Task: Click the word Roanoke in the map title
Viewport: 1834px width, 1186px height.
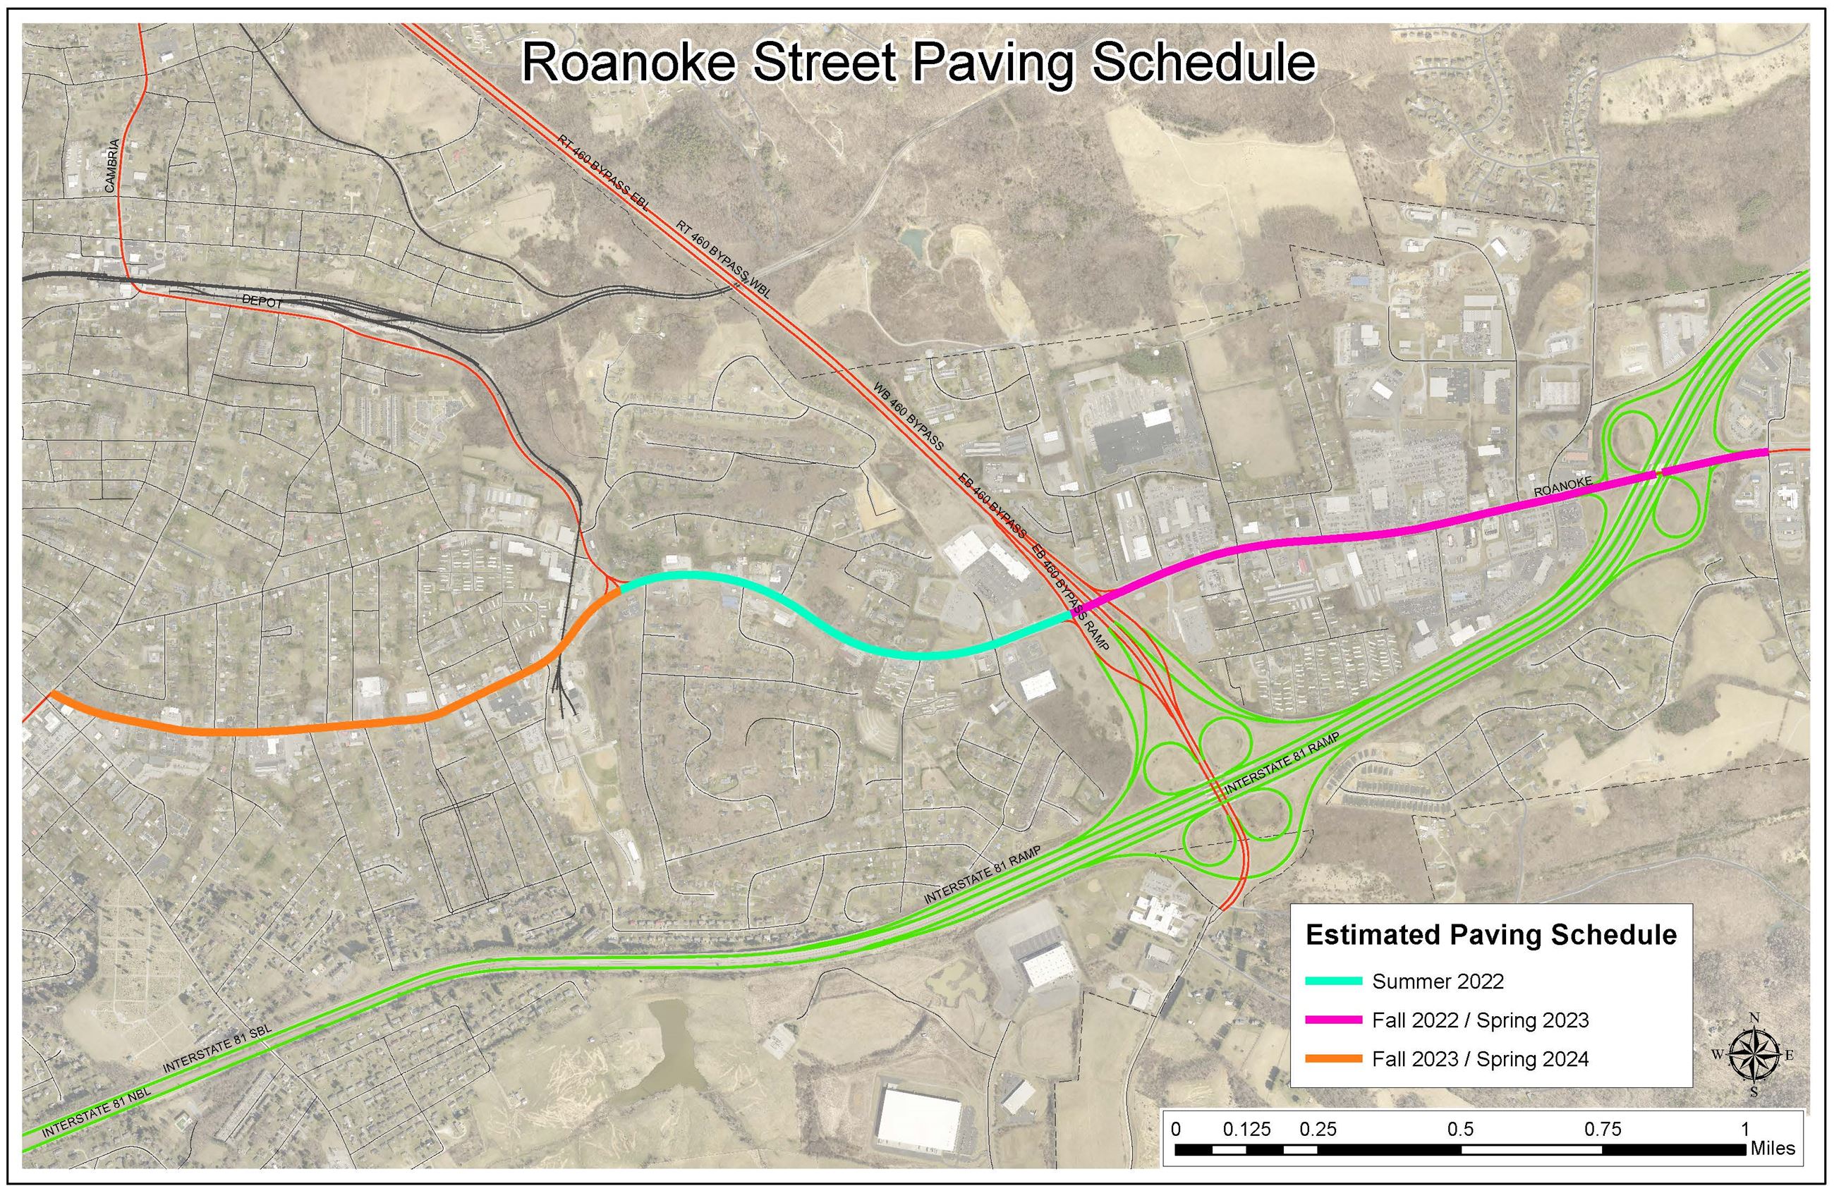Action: tap(628, 63)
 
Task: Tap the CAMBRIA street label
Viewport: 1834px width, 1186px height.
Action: tap(111, 166)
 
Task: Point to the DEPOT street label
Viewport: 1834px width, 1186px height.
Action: tap(262, 302)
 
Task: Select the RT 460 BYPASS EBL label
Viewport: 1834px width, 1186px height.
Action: tap(604, 174)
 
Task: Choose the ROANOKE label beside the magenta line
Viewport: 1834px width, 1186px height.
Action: tap(1562, 487)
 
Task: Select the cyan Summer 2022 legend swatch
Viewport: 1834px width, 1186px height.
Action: tap(1333, 981)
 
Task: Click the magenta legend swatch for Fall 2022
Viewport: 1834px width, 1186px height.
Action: tap(1333, 1020)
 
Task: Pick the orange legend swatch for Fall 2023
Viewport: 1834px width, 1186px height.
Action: tap(1333, 1059)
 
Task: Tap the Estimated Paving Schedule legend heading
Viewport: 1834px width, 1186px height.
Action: tap(1491, 934)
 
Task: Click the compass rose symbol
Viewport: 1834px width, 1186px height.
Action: tap(1754, 1054)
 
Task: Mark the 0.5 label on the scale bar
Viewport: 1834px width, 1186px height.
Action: tap(1460, 1129)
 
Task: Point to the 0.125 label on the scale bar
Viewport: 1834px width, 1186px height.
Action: tap(1246, 1129)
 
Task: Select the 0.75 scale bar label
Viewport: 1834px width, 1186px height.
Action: tap(1602, 1129)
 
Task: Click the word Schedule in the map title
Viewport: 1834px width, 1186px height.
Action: tap(1203, 63)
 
